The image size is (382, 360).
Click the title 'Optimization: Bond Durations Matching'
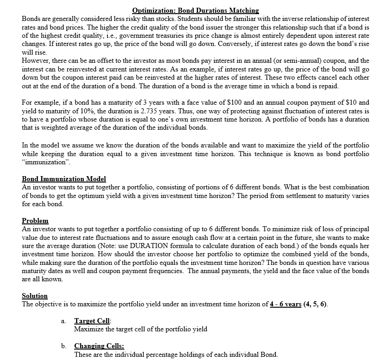[195, 10]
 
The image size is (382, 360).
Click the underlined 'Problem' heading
[35, 221]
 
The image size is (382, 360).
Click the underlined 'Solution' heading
[35, 296]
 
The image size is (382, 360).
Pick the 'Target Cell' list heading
[89, 321]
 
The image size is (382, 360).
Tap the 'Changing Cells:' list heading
[96, 346]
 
